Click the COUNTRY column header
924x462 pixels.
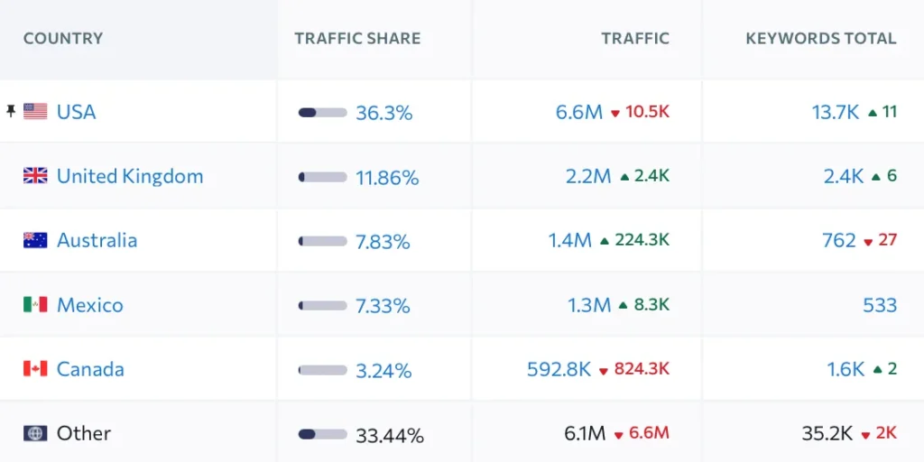pos(63,39)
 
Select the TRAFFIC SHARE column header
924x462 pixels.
pos(357,39)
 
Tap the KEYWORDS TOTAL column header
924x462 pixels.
pos(820,39)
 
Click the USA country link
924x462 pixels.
pos(76,112)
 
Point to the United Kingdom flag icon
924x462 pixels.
pos(35,176)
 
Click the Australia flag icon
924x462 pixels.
pos(35,240)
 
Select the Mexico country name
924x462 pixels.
pos(89,305)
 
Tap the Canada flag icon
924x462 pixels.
pos(35,369)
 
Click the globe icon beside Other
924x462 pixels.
pos(35,433)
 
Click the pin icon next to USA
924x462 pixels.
pos(11,111)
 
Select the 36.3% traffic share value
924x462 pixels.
pos(383,113)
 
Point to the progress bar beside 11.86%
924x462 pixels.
pos(322,178)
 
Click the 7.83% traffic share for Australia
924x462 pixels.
pos(383,242)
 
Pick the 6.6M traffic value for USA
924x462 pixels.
pos(578,112)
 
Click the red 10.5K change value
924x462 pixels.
pos(648,112)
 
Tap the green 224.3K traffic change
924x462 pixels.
pos(642,240)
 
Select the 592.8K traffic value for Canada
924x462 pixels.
pos(559,369)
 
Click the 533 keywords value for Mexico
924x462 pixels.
pos(879,305)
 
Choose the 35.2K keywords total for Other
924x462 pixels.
pos(827,433)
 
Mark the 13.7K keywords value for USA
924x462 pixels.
pos(835,112)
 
